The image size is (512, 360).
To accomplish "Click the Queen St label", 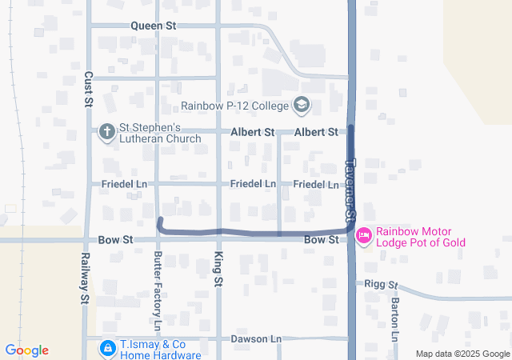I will [x=154, y=26].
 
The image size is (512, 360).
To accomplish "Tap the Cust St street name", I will [x=88, y=88].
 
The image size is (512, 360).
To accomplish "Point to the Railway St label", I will [x=82, y=278].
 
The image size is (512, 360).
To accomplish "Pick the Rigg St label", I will [x=381, y=284].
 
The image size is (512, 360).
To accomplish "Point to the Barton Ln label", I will [x=394, y=318].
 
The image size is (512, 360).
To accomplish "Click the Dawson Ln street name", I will [x=256, y=339].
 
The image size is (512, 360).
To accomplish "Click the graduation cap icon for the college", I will [x=302, y=105].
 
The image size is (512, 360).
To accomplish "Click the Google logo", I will [x=27, y=350].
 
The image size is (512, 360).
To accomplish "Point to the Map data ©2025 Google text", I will [x=463, y=354].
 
